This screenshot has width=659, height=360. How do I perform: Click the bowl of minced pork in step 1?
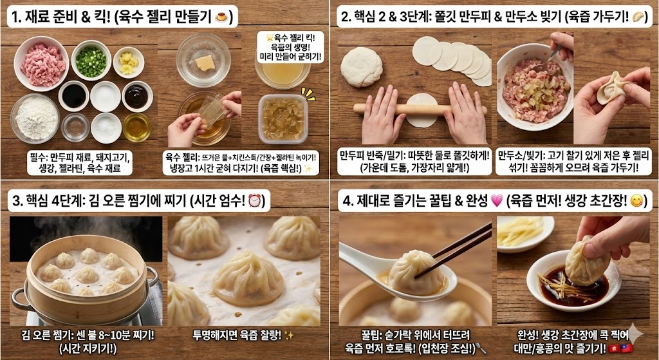pyautogui.click(x=41, y=64)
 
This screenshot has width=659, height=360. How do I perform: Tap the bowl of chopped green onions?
pyautogui.click(x=91, y=62)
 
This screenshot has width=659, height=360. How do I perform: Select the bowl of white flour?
pyautogui.click(x=35, y=118)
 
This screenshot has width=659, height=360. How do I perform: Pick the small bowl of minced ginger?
pyautogui.click(x=129, y=62)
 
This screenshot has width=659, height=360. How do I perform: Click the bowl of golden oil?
pyautogui.click(x=136, y=126)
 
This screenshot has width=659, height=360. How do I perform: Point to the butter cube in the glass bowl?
pyautogui.click(x=204, y=63)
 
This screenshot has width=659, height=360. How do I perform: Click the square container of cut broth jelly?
pyautogui.click(x=283, y=118)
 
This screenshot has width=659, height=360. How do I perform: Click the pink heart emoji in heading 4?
pyautogui.click(x=496, y=201)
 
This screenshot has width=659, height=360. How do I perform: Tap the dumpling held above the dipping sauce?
pyautogui.click(x=586, y=261)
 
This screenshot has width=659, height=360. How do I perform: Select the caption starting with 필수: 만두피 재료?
pyautogui.click(x=80, y=162)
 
